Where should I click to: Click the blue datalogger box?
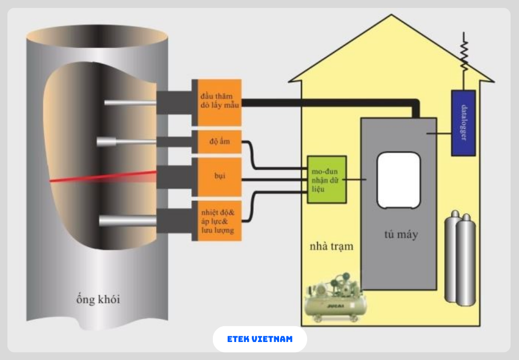pos(463,123)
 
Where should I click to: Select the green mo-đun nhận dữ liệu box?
pos(327,179)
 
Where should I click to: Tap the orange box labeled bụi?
pos(217,175)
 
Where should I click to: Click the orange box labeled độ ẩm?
pos(217,142)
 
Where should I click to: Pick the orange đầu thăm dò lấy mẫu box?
pos(217,102)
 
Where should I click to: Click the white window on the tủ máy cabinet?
pos(398,180)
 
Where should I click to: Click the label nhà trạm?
pos(332,247)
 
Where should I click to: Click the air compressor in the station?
pos(334,299)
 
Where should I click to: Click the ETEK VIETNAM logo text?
pos(259,339)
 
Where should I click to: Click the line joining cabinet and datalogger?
pos(439,134)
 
